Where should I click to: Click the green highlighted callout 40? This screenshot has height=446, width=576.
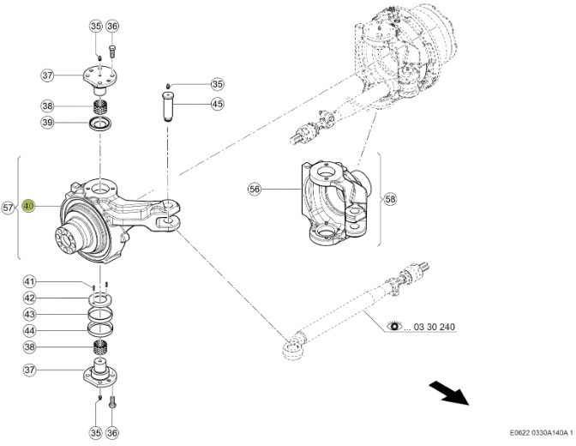pos(28,207)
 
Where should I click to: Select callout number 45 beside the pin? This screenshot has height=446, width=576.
pos(217,104)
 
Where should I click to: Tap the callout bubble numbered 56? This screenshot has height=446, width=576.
pos(254,190)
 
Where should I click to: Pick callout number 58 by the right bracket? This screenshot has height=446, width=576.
pos(390,198)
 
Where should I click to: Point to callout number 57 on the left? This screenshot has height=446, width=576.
pos(9,208)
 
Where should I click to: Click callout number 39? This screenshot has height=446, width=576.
pos(48,124)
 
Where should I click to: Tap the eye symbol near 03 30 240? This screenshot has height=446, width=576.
pos(394,327)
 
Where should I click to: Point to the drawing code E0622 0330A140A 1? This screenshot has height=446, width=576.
pos(537,434)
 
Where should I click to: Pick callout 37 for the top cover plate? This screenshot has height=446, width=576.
pos(48,75)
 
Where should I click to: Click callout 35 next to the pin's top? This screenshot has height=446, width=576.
pos(217,85)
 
